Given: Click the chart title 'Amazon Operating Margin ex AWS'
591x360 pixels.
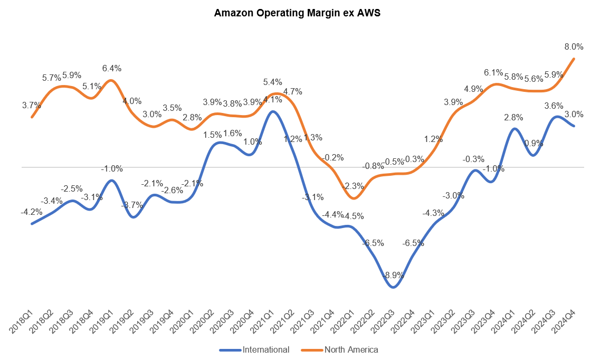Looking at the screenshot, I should coord(297,14).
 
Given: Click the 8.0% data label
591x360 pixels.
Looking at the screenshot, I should coord(574,46).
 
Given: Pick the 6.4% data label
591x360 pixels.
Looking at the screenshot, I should coord(111,68).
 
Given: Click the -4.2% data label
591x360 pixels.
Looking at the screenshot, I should coord(32,212).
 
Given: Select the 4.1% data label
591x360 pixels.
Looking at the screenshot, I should coord(273,99).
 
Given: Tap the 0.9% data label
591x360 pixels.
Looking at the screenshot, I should coord(533,143).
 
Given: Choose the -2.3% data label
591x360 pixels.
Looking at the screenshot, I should coord(353,186).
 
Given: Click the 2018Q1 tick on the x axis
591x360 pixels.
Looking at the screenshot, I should coord(23,323).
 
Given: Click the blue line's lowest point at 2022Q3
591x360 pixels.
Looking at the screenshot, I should coord(393,287).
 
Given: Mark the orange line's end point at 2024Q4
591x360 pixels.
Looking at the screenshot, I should coord(574,58).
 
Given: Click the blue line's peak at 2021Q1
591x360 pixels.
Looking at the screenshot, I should coord(272,111).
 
